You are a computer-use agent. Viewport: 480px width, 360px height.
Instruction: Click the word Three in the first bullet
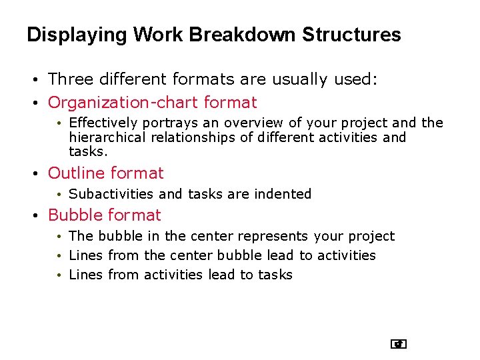point(71,79)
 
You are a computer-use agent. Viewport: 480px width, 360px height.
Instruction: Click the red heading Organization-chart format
point(152,103)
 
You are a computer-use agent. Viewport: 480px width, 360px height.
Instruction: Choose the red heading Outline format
point(105,173)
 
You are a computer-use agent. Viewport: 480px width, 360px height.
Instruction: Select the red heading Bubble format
point(104,215)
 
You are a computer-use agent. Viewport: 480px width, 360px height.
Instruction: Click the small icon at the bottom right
point(399,344)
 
